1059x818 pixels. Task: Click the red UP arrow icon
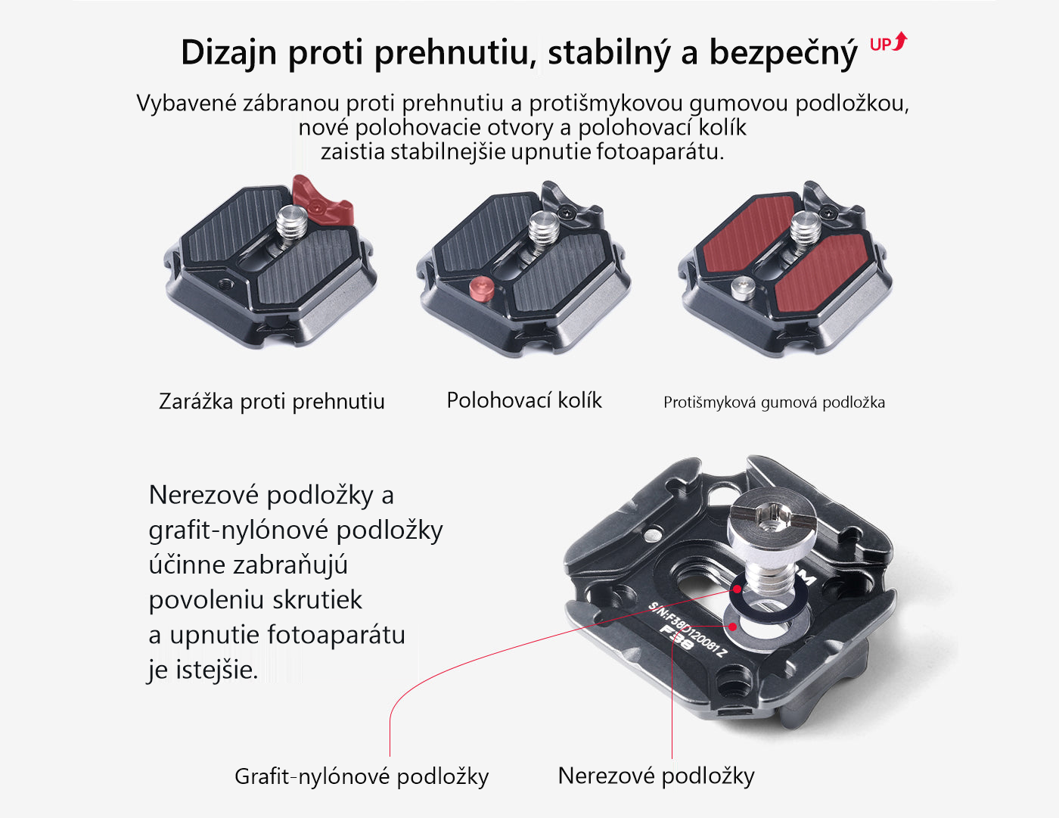point(889,42)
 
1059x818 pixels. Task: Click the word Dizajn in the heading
point(229,53)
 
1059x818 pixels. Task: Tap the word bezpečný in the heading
point(783,53)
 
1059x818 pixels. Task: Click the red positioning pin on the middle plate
point(482,288)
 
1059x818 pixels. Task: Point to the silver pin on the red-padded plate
point(744,288)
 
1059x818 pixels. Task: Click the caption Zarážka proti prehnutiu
point(272,402)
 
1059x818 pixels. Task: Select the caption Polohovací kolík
point(524,400)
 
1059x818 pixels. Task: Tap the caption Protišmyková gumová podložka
point(774,403)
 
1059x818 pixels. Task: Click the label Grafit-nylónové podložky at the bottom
point(362,776)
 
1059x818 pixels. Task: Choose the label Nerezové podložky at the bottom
point(656,776)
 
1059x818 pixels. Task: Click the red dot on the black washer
point(738,589)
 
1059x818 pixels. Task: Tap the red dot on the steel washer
point(732,627)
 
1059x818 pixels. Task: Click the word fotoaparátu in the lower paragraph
point(337,635)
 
